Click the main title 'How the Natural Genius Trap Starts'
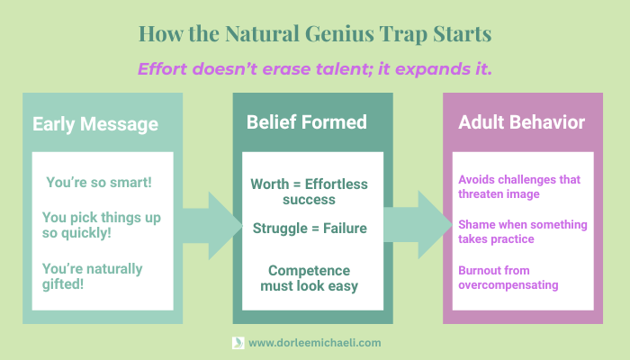click(315, 35)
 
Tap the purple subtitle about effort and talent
click(315, 68)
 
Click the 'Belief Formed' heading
click(308, 121)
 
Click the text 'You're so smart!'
click(99, 182)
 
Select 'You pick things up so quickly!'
click(94, 226)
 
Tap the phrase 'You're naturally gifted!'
click(92, 277)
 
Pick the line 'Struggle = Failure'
click(309, 228)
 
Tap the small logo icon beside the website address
click(238, 343)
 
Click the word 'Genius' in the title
click(358, 35)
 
